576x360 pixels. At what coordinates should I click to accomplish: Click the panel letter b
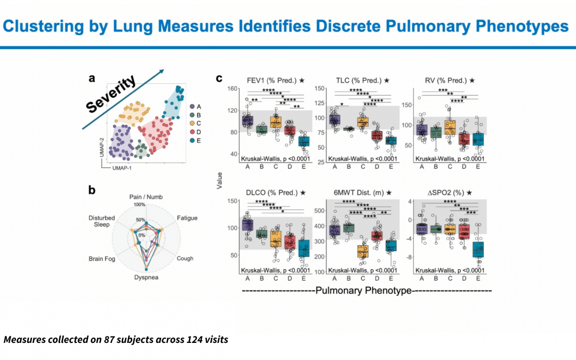92,189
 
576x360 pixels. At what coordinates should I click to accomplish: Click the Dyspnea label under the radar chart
146,277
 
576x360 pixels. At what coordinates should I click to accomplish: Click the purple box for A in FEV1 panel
247,121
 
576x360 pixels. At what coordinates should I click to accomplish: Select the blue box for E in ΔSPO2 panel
478,249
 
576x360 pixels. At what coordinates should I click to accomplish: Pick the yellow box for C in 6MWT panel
363,251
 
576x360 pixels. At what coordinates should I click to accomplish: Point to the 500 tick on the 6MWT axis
320,211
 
